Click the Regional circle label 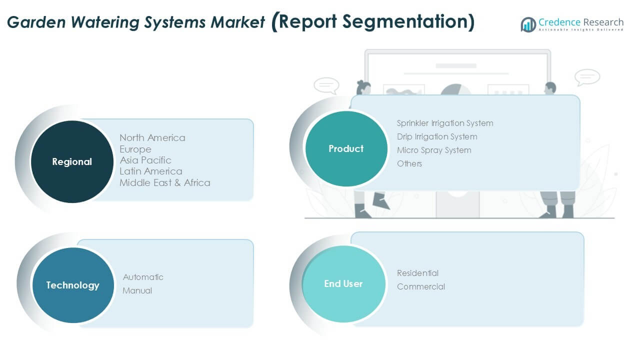click(72, 161)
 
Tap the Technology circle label click(72, 285)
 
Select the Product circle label click(346, 148)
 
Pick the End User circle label click(343, 283)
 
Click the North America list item click(152, 137)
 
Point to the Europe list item click(135, 149)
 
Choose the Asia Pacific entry click(145, 160)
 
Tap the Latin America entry click(151, 171)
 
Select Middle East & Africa click(165, 182)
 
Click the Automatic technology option click(143, 277)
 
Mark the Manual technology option click(137, 290)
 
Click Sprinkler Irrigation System click(445, 123)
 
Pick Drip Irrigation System click(437, 136)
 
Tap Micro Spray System click(434, 150)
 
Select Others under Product click(409, 163)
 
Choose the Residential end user click(417, 273)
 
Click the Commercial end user click(421, 286)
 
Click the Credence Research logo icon click(528, 24)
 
